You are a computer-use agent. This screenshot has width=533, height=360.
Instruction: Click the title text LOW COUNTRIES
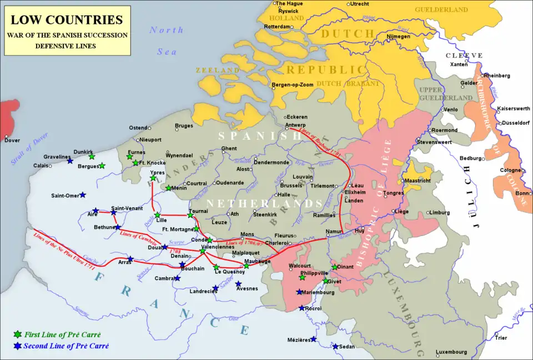coord(67,21)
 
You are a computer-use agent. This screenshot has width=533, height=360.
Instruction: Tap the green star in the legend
coord(18,334)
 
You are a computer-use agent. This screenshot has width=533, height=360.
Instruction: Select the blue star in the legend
coord(18,346)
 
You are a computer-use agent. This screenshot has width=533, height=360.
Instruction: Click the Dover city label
coord(12,140)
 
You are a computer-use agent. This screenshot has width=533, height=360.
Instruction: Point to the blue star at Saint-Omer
coord(83,195)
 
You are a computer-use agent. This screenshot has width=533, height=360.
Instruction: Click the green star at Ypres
coord(153,178)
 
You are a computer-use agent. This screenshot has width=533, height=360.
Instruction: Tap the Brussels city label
coord(291,185)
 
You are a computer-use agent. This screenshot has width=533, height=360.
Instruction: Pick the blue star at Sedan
coord(335,347)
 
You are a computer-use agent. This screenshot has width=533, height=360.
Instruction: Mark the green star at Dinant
coord(334,267)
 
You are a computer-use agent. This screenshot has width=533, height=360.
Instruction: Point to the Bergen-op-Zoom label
coord(293,84)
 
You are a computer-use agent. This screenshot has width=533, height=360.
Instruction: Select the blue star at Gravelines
coord(70,161)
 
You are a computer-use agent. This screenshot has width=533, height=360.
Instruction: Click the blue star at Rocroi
coord(301,308)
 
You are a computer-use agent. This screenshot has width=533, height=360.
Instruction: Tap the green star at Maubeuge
coord(247,266)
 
